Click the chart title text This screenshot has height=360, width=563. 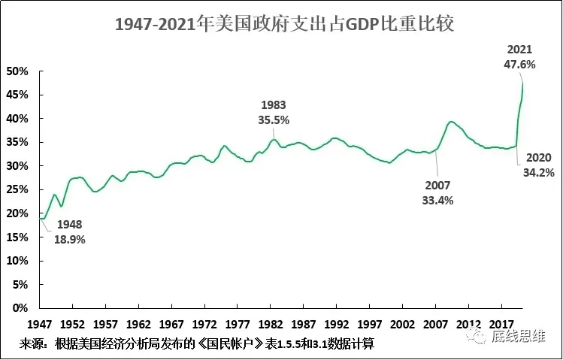coord(285,25)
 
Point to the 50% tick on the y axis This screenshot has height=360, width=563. coord(17,71)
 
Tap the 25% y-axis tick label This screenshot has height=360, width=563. coord(17,189)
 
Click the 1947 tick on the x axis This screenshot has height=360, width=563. coord(40,325)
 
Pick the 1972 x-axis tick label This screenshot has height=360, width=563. coord(204,325)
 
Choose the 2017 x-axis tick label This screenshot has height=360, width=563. coord(501,325)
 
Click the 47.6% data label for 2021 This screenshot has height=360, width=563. coord(519,65)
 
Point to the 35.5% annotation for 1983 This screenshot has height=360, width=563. coord(274,119)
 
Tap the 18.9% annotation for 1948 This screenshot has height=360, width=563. coord(69,240)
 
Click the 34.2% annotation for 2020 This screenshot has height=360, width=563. coord(539,173)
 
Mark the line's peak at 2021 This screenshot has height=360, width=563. coord(522,82)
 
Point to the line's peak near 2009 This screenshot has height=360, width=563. coord(450,122)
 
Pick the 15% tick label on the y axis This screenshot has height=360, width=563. coord(17,237)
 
